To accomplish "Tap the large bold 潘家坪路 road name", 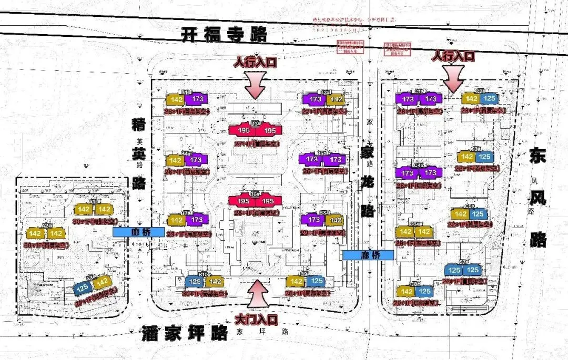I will [x=184, y=333].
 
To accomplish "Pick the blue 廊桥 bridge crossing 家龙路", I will [x=368, y=255].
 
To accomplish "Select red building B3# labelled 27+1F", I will [x=255, y=130].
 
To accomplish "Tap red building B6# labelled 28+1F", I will [x=255, y=201].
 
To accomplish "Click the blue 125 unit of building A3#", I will [x=83, y=288].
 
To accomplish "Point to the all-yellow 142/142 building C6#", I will [x=414, y=232].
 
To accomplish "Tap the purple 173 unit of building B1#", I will [x=198, y=99].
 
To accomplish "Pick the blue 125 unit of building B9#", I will [x=316, y=281].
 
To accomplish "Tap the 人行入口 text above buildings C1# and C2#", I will [x=453, y=55].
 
